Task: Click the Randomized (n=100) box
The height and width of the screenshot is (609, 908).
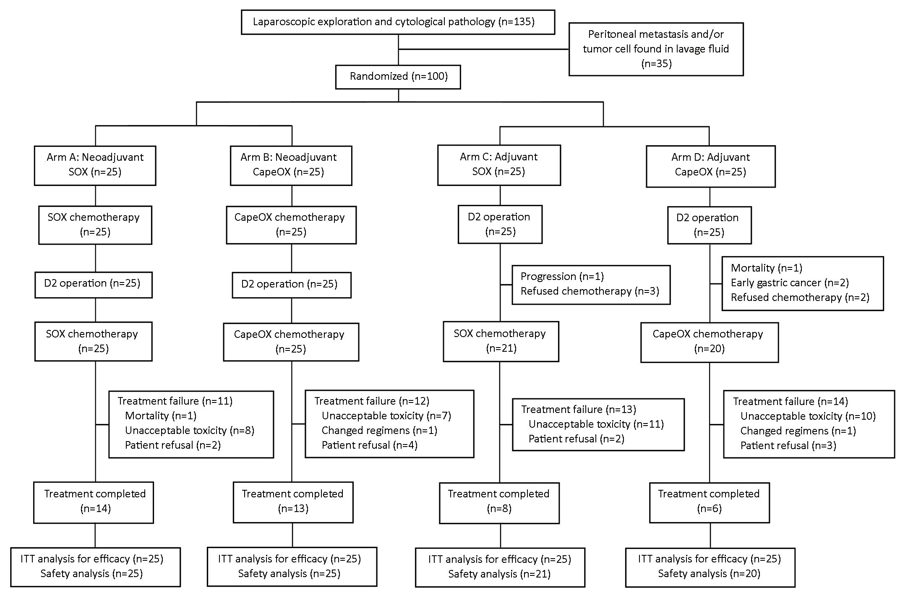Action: (398, 77)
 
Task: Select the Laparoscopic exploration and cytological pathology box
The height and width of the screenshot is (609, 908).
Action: (398, 22)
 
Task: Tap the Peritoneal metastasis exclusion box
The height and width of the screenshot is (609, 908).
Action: (656, 49)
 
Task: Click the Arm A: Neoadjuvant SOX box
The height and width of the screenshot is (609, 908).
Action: (95, 165)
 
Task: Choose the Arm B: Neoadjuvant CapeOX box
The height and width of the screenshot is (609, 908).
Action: (291, 165)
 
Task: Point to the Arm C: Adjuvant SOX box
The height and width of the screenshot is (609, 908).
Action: (499, 165)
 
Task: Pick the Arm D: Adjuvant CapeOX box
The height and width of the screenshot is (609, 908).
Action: (710, 166)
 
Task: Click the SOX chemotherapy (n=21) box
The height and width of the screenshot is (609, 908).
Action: (501, 341)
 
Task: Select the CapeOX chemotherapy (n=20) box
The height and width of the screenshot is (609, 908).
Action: (709, 342)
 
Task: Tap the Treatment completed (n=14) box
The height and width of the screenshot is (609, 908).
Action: (94, 502)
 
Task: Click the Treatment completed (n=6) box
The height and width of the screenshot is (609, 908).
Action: (709, 502)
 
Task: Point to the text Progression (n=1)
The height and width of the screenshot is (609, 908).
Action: (562, 276)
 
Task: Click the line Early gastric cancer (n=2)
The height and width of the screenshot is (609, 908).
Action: (790, 282)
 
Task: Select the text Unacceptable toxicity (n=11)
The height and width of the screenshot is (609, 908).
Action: (596, 424)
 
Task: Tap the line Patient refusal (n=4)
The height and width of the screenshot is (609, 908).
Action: (370, 445)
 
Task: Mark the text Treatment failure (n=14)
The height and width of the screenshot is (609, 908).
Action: (791, 401)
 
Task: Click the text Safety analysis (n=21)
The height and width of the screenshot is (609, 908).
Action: (499, 574)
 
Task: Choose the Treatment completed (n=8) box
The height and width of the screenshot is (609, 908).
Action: (499, 503)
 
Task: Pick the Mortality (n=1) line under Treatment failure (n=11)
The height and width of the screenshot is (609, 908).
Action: (161, 416)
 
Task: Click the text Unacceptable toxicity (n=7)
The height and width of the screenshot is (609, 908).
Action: (386, 416)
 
